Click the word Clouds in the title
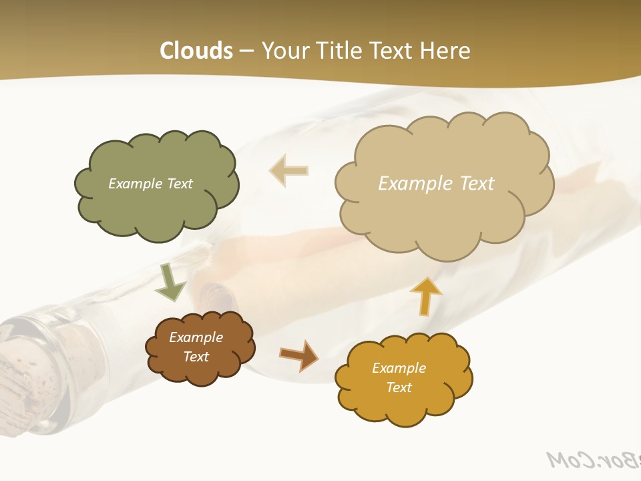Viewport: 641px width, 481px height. (x=196, y=51)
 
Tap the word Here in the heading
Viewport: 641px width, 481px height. (x=447, y=51)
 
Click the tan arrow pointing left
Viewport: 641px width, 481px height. (x=288, y=170)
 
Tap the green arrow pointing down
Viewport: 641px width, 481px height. (x=170, y=282)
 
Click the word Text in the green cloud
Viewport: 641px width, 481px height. (x=179, y=184)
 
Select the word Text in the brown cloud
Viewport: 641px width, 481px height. (x=196, y=357)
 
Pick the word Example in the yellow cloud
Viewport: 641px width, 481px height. (x=399, y=368)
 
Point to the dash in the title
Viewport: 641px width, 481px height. (x=246, y=51)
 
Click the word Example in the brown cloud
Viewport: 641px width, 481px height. (x=196, y=337)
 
